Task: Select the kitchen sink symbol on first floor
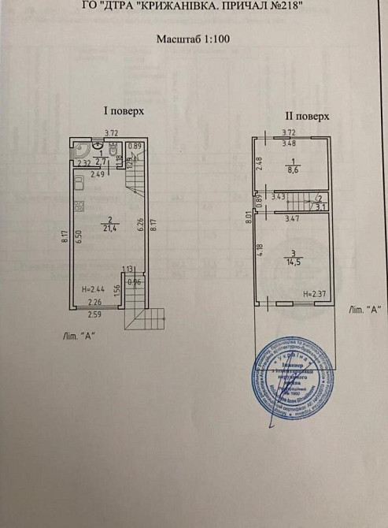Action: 79,183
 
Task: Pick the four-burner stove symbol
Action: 79,207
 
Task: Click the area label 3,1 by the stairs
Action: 320,203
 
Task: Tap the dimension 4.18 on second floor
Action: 261,255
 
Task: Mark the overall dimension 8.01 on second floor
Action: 248,222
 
